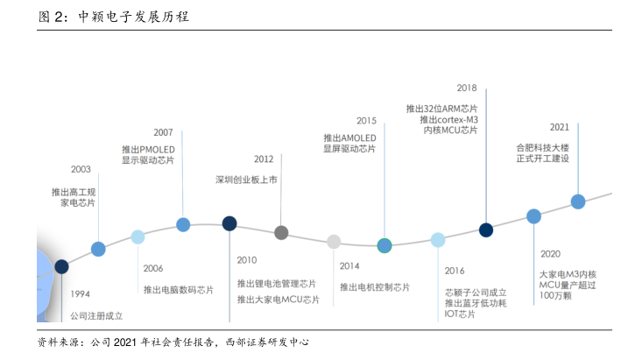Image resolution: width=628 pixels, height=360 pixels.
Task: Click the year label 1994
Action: point(81,293)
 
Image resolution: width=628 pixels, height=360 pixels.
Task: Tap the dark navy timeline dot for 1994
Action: point(62,266)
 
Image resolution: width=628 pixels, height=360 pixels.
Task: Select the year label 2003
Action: point(81,169)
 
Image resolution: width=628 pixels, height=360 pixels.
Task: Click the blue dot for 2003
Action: point(98,249)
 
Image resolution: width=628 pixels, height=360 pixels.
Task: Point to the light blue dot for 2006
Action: point(138,236)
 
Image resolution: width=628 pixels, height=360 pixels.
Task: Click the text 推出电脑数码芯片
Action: point(179,288)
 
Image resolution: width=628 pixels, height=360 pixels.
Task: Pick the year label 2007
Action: point(164,131)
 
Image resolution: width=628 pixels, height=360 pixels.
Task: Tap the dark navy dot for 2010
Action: point(229,223)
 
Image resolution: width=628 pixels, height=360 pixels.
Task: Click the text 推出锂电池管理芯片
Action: point(277,284)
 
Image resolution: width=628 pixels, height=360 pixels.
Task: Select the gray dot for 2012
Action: point(281,233)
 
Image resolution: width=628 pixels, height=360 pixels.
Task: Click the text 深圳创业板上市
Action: point(246,180)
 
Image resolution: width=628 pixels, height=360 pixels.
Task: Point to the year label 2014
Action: point(350,265)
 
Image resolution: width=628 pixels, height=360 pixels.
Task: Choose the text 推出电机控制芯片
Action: point(375,286)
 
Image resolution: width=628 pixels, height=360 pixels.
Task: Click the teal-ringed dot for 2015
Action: point(384,245)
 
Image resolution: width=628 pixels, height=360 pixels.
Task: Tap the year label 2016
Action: point(455,271)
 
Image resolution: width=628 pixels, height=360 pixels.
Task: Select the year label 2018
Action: point(467,88)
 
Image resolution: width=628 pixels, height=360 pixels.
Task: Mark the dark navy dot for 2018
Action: point(486,229)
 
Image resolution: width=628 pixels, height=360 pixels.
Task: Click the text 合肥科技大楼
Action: point(542,147)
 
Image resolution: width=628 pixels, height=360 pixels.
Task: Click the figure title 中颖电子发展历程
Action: point(133,17)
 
